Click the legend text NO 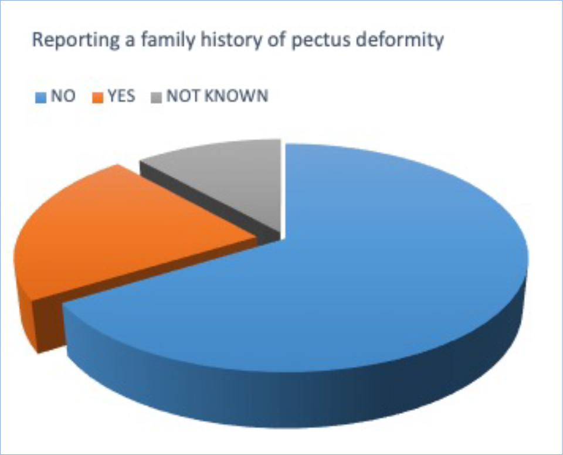(63, 96)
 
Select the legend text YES (122, 96)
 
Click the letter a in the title (130, 41)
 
